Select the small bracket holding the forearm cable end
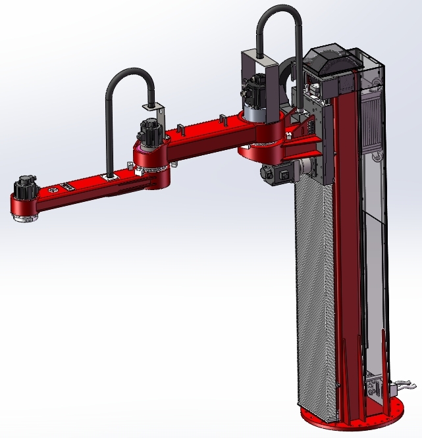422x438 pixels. pyautogui.click(x=153, y=106)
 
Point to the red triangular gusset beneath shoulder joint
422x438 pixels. pyautogui.click(x=303, y=141)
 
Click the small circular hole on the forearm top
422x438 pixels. pyautogui.click(x=54, y=190)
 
